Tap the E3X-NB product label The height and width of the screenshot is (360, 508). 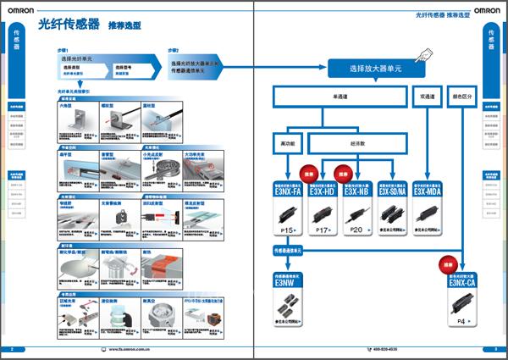[x=356, y=192]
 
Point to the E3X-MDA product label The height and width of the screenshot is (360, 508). [x=427, y=192]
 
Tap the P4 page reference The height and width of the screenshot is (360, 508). [x=461, y=322]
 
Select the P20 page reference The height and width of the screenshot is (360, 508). [x=356, y=230]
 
